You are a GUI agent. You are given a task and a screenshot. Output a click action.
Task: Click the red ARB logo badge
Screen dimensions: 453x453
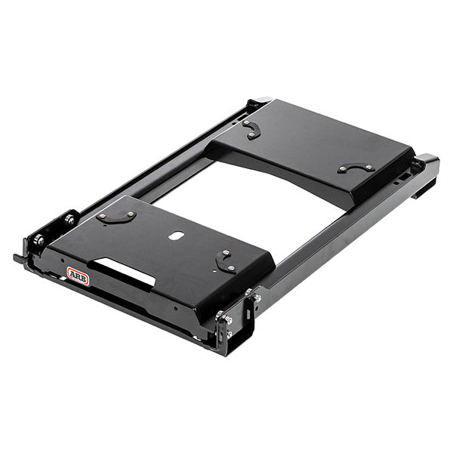[78, 276]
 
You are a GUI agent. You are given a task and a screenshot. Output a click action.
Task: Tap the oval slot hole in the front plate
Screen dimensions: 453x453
[177, 236]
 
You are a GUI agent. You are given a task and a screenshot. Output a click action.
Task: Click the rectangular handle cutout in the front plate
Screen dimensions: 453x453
[125, 272]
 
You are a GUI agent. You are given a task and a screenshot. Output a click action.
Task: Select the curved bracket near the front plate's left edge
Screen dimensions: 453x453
[116, 217]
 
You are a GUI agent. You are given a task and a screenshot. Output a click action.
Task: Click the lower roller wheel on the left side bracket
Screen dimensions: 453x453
[39, 240]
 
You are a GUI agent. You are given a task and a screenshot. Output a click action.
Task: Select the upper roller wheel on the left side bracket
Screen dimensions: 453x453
[70, 220]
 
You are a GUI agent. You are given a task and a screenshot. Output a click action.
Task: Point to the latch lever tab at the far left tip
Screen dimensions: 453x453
[18, 258]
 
